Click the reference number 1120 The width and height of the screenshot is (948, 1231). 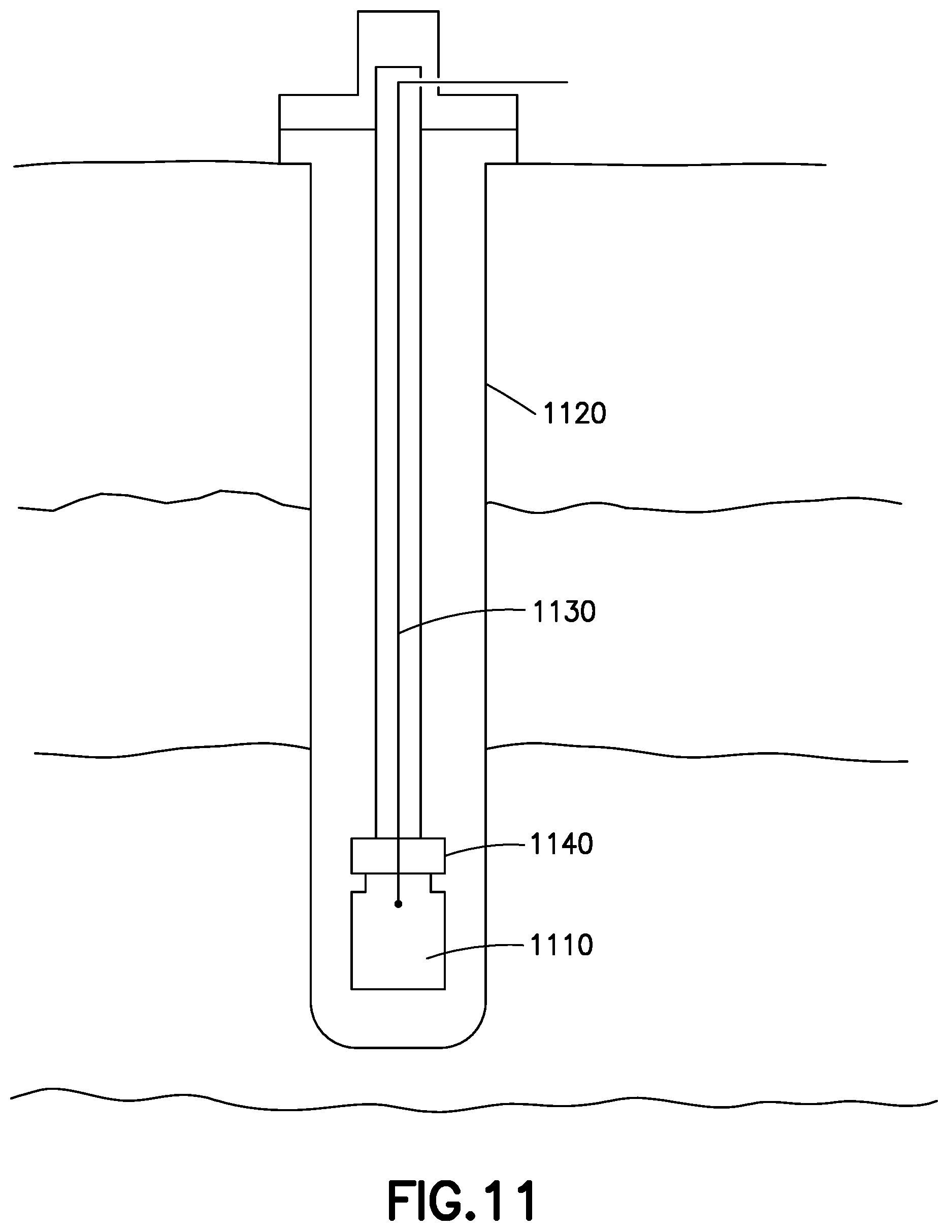coord(574,414)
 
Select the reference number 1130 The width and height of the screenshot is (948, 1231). coord(564,612)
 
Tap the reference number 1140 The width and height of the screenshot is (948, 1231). coord(562,845)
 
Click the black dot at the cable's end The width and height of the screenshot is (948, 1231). coord(399,904)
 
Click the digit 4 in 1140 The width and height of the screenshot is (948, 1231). coord(569,845)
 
